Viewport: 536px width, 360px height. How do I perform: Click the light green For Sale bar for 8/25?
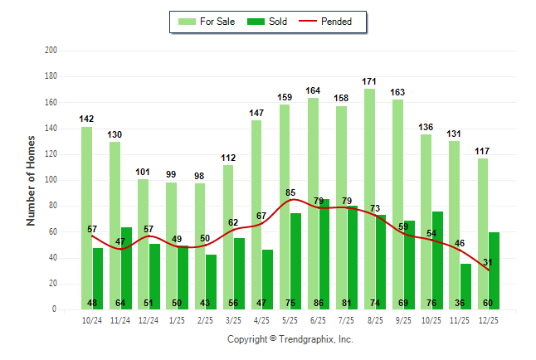pyautogui.click(x=369, y=199)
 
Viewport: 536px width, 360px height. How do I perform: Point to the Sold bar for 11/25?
pyautogui.click(x=465, y=286)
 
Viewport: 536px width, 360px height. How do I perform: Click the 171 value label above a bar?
pyautogui.click(x=370, y=81)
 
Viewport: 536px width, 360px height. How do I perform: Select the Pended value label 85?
pyautogui.click(x=290, y=193)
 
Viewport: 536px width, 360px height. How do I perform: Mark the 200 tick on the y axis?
pyautogui.click(x=51, y=51)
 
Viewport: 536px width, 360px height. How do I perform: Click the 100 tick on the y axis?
pyautogui.click(x=51, y=180)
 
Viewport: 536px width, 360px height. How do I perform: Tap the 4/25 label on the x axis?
pyautogui.click(x=261, y=321)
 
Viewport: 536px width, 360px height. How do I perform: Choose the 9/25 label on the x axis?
pyautogui.click(x=403, y=321)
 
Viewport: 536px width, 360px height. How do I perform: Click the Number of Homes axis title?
pyautogui.click(x=31, y=180)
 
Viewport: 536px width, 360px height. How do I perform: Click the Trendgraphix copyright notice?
pyautogui.click(x=290, y=339)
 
